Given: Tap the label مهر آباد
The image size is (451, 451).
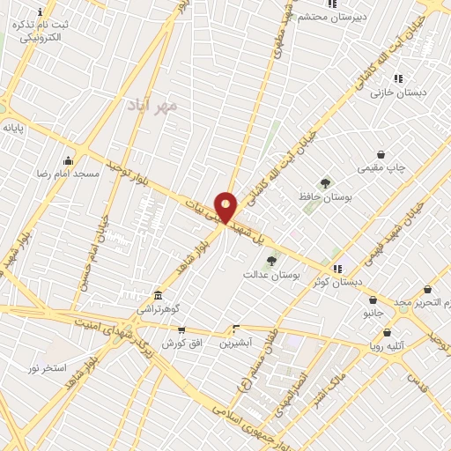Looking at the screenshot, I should tap(158, 106).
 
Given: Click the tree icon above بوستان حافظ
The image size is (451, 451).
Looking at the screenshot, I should tap(325, 183).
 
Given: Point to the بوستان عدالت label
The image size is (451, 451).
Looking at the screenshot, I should tap(271, 275).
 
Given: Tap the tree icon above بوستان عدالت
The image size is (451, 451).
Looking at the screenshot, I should tap(271, 260).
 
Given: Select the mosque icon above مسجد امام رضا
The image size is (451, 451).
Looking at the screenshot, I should tap(68, 160).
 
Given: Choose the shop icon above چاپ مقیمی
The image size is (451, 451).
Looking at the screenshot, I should tap(381, 154).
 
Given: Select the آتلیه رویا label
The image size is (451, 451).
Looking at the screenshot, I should tap(388, 346).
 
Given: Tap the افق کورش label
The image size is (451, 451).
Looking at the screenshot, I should tap(181, 343).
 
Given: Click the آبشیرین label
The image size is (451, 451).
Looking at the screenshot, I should tap(235, 342).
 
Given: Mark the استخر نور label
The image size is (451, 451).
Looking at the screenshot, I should tap(48, 367).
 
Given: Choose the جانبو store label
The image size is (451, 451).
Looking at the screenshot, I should tap(373, 313).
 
